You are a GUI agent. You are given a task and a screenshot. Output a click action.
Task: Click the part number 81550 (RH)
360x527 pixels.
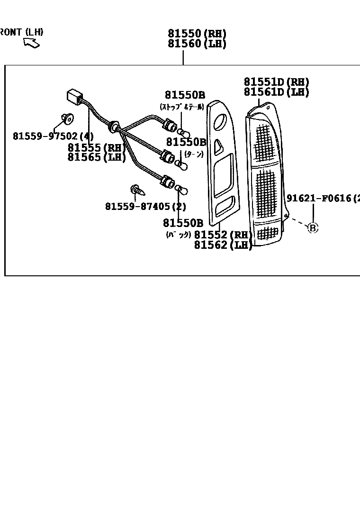[197, 34]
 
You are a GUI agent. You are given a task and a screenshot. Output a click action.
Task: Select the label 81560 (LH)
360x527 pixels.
[197, 44]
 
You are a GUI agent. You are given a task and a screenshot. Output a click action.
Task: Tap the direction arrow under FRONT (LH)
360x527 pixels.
[32, 43]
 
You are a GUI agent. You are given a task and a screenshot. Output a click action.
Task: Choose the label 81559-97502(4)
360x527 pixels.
[53, 136]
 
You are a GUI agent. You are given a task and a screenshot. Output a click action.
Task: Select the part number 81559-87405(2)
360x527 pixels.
[145, 206]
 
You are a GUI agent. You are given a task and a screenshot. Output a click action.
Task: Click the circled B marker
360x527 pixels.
[312, 228]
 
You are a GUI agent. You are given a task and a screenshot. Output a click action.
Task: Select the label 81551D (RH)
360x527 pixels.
[276, 82]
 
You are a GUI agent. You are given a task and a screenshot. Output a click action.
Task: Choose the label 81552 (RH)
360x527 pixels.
[223, 235]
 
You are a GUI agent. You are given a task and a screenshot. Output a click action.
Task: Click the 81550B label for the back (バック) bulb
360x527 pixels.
[183, 223]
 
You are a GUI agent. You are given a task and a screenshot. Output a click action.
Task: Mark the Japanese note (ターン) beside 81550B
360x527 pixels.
[193, 154]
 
